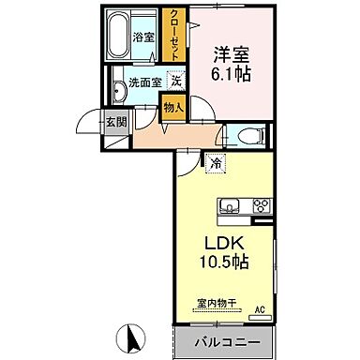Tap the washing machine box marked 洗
[175, 82]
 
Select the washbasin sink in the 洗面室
[120, 90]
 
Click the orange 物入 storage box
[173, 107]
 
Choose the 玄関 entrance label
[115, 121]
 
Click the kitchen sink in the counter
[232, 206]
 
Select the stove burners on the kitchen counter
[260, 206]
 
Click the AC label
[260, 310]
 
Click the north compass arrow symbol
[132, 334]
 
